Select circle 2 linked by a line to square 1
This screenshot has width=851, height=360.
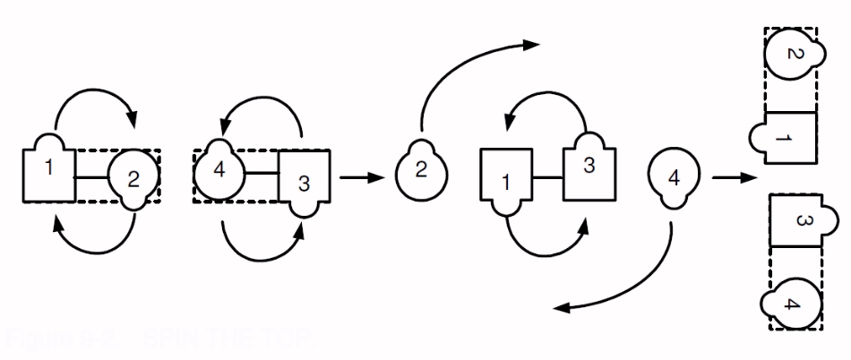133,177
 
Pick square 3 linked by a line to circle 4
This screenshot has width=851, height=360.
305,180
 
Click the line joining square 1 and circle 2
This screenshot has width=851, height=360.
90,177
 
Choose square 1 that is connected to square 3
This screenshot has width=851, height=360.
507,181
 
